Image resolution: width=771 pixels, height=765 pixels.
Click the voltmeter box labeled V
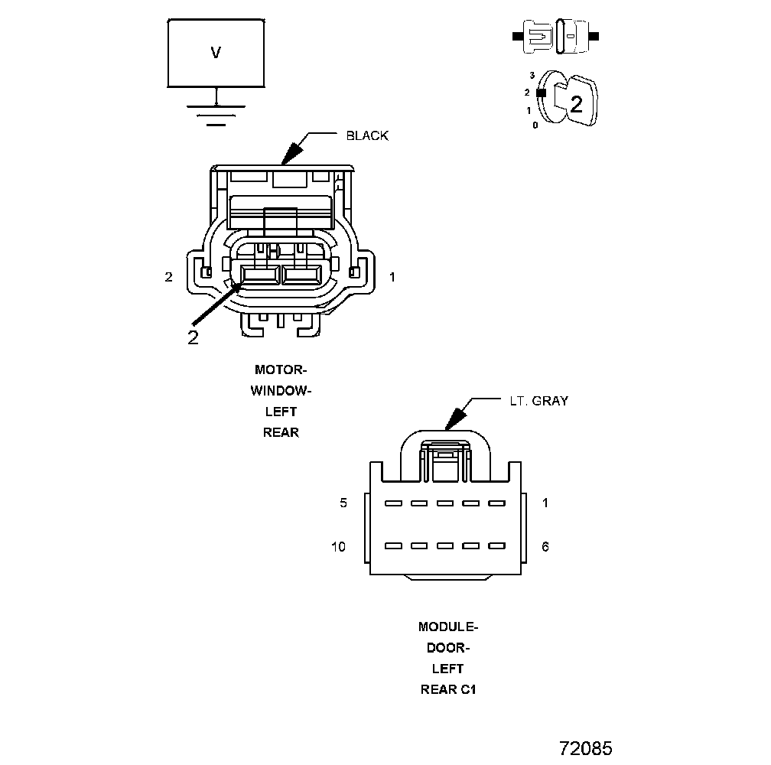point(216,53)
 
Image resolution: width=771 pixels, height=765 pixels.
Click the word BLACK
point(367,135)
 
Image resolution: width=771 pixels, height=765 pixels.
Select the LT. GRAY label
point(538,400)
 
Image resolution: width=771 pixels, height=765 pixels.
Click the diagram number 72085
point(585,748)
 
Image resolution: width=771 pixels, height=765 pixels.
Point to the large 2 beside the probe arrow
point(193,337)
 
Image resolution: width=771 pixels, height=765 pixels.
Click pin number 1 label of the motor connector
point(392,277)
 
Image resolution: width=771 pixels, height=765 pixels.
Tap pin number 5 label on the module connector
point(343,503)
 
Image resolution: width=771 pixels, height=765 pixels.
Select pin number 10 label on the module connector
point(339,546)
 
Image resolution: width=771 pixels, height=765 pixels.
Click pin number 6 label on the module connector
point(545,546)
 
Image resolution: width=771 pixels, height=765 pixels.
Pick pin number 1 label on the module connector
point(545,503)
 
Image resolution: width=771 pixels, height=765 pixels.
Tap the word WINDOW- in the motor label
point(281,390)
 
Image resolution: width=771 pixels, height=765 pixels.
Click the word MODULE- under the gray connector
point(448,627)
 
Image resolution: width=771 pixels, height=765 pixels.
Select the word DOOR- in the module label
point(448,648)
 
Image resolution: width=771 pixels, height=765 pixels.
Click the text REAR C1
point(448,689)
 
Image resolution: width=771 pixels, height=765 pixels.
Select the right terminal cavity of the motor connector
point(301,275)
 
